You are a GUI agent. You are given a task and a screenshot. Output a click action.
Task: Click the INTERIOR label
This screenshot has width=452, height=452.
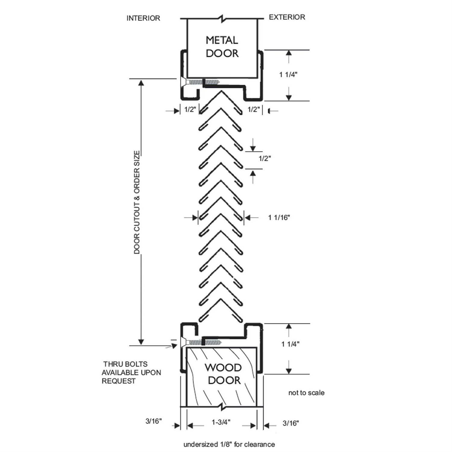[x=143, y=18]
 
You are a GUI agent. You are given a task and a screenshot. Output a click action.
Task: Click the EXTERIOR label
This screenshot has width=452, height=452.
[x=287, y=17]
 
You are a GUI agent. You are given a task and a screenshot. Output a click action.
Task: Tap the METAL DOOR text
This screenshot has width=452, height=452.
[x=222, y=47]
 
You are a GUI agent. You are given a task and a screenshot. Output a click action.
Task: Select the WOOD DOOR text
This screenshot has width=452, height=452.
[x=224, y=374]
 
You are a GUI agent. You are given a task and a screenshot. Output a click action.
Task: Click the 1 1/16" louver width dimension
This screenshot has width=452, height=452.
[x=279, y=218]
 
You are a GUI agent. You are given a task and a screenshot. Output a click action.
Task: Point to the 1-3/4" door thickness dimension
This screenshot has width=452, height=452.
[x=221, y=422]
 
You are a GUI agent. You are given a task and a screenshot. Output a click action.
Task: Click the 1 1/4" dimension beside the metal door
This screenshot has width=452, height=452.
[x=288, y=75]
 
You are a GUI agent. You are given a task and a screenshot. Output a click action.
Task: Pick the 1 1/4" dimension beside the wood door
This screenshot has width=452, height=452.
[x=290, y=344]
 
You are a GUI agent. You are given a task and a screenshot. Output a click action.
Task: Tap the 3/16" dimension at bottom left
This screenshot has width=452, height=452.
[x=154, y=421]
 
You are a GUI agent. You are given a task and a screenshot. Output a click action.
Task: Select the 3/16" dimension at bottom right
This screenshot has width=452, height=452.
[x=290, y=423]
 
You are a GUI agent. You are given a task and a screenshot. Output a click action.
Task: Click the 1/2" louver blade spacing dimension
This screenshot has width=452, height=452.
[x=265, y=159]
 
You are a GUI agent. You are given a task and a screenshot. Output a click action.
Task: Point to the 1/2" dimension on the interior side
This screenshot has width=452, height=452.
[x=190, y=109]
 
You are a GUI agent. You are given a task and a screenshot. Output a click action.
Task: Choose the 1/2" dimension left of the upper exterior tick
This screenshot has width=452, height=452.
[x=254, y=109]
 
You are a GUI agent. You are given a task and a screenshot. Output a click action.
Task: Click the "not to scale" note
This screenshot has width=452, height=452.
[x=306, y=393]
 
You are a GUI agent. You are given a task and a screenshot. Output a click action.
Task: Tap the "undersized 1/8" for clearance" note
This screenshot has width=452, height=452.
[x=229, y=444]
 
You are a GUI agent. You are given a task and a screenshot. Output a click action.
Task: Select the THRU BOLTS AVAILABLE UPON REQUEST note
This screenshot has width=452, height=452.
[x=131, y=372]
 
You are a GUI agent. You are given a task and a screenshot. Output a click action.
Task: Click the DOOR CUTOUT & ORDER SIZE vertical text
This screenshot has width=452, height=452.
[x=137, y=202]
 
